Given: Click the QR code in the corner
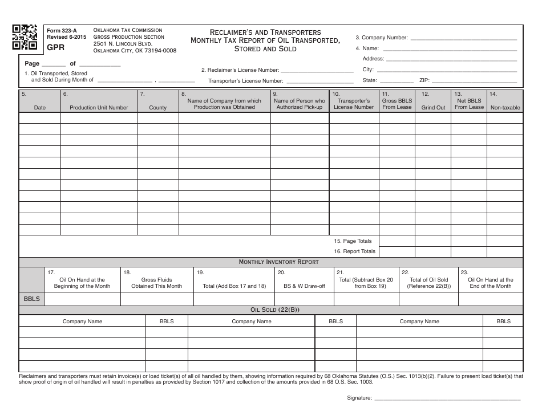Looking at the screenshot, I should point(25,37).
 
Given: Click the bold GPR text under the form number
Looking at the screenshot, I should point(55,48).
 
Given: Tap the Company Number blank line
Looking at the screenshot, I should point(463,39).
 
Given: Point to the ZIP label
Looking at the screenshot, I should point(424,80).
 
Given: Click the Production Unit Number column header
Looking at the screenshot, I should point(99,107).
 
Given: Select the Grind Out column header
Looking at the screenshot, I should point(433,107).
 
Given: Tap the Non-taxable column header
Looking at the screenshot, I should point(505,107).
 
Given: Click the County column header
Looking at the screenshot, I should point(157,107).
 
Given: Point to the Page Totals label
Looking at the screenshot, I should point(353,241).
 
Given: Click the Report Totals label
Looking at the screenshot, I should point(354,251).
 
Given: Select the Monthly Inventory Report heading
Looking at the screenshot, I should point(270,262).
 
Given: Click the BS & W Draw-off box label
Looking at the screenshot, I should point(304,286).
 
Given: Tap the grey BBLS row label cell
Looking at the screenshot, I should point(31,299).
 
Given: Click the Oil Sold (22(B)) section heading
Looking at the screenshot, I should point(270,310).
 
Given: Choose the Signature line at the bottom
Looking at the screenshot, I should point(447,398).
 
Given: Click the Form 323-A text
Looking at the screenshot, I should point(62,30).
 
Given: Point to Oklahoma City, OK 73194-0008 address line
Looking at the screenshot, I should point(135,51).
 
